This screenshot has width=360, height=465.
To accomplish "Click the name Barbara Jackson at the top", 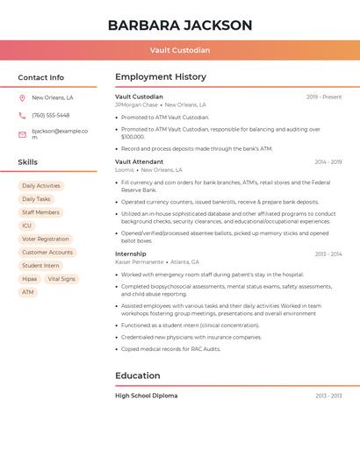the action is click(x=180, y=25).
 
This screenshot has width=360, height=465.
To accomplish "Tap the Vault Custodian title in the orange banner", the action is click(x=180, y=50).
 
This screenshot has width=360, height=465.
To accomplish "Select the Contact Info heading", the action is click(x=41, y=77).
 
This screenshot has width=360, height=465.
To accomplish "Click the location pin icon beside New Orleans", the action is click(x=22, y=97).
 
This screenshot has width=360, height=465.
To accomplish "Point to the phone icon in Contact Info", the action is click(x=22, y=116).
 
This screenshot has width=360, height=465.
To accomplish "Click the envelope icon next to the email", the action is click(x=22, y=134).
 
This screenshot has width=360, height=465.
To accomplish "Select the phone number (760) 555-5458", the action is click(x=51, y=116).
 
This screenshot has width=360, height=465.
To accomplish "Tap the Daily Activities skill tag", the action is click(x=41, y=186).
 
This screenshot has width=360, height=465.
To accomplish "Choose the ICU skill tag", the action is click(x=26, y=225).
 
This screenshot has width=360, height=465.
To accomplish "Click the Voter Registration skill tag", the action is click(x=45, y=239).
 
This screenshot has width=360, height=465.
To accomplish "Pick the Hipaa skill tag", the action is click(x=30, y=279).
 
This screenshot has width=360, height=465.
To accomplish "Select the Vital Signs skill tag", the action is click(x=61, y=279).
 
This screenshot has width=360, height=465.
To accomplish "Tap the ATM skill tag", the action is click(x=28, y=292).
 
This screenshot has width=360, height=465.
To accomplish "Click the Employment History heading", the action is click(x=161, y=77).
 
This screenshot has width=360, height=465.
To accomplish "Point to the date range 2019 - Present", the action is click(x=324, y=97).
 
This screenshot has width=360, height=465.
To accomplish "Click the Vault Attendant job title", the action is click(x=139, y=161).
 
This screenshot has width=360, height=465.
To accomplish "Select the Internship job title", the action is click(x=131, y=254).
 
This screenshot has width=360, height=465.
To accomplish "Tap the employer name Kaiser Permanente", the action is click(x=139, y=262).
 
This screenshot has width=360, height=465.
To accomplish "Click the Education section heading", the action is click(x=138, y=376).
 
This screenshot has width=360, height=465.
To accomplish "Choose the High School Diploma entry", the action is click(x=146, y=396).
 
